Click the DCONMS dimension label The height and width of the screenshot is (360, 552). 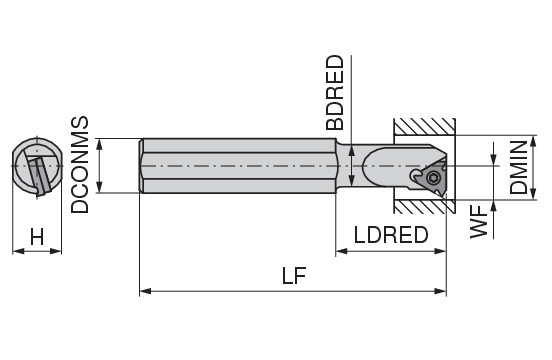(x=80, y=165)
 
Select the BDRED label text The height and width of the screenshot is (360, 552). (x=334, y=93)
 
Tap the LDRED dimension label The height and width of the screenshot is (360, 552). (x=391, y=235)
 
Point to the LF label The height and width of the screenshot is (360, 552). (x=294, y=276)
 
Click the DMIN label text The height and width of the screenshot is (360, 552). (x=519, y=167)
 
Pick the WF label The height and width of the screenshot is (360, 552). (x=478, y=222)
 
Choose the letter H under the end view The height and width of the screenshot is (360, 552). (x=37, y=237)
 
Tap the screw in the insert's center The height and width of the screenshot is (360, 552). (x=432, y=177)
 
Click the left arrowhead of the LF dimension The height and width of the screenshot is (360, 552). (x=145, y=291)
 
